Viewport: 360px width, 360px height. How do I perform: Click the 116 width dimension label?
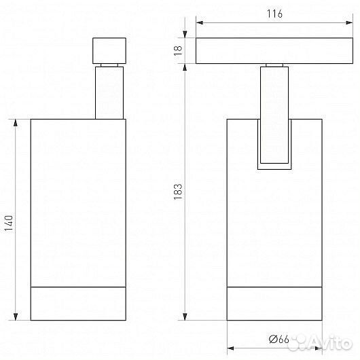tap(274, 14)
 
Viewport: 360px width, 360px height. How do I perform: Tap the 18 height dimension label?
tap(178, 51)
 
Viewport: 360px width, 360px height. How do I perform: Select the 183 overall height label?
tap(178, 192)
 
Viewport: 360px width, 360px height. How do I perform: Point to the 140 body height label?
tap(9, 223)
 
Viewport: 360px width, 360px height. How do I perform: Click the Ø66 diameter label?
tap(278, 339)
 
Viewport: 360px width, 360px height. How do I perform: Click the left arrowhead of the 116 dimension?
tap(200, 22)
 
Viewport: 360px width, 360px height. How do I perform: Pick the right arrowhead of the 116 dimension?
tap(349, 22)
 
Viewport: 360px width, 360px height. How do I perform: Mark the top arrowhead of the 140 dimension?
tap(16, 123)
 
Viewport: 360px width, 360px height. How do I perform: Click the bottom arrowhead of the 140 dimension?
tap(16, 317)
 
